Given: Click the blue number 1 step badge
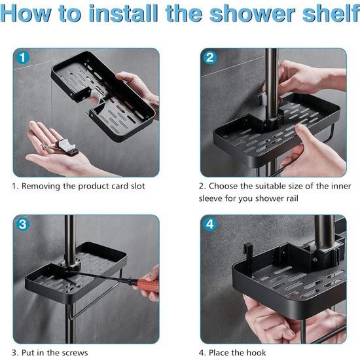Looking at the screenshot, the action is (23, 58).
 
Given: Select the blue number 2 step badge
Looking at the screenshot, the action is (210, 58).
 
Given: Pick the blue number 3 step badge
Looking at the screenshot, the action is (23, 224).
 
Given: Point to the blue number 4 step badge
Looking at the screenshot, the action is (210, 224).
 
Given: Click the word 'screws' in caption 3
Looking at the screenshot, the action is (76, 353).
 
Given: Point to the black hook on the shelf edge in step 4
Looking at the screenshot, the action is (248, 253).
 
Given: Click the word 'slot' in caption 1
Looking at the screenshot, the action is (138, 186).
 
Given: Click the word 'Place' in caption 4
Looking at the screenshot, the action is (219, 352).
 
